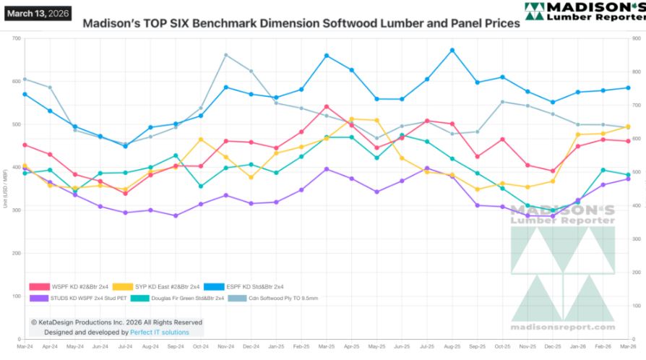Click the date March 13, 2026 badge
(38, 12)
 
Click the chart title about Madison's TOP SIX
(301, 23)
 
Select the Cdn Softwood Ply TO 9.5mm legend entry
(272, 298)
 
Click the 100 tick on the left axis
(16, 296)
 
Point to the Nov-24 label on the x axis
(225, 348)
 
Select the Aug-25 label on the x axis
(452, 348)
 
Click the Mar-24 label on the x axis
(25, 348)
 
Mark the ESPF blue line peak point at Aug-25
(452, 50)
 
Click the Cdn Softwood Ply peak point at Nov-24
(226, 55)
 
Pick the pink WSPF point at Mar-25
(327, 106)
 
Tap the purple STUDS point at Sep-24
(176, 215)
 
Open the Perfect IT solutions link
(160, 333)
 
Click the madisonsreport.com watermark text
(562, 327)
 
